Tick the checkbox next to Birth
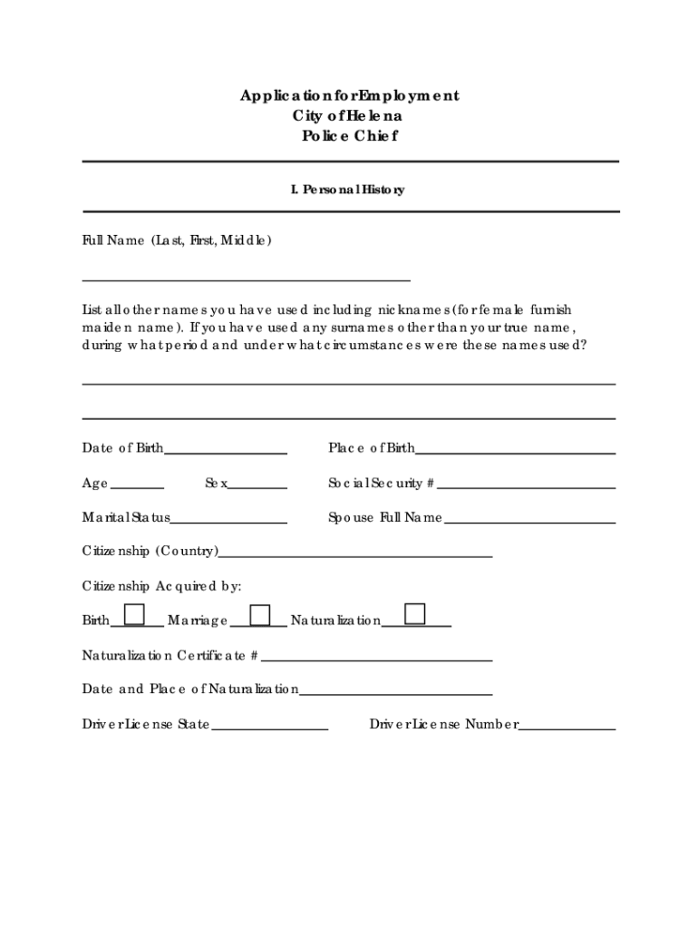click(134, 614)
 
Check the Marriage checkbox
click(260, 614)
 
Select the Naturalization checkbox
click(415, 614)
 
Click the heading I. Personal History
click(347, 190)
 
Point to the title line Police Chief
click(349, 136)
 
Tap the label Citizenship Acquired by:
click(162, 586)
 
